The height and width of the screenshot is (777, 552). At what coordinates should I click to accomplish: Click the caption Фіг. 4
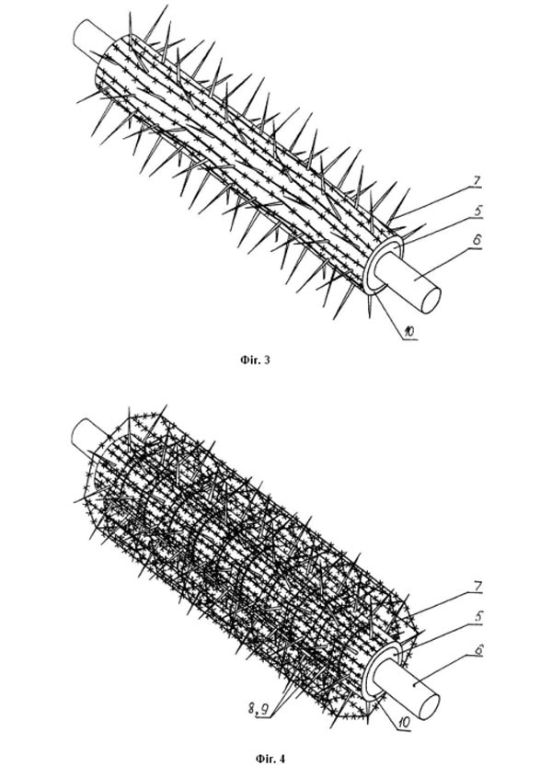(270, 759)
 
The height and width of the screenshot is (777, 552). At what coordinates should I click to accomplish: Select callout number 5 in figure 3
(477, 211)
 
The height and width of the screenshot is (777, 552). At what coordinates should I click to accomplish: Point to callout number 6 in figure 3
(477, 241)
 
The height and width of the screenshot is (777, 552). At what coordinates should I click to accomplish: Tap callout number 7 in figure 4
(477, 588)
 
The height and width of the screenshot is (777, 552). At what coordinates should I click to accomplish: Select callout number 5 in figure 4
(477, 617)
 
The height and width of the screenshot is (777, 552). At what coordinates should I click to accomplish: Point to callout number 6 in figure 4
(477, 650)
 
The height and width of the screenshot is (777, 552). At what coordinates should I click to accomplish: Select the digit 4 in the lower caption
(282, 759)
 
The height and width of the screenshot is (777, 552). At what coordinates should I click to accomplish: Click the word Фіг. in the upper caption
(249, 360)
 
